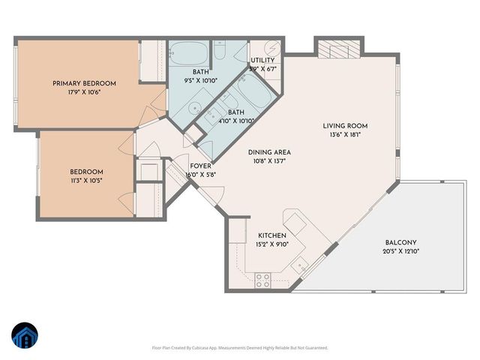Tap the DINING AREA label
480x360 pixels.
click(269, 152)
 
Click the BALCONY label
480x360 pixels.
click(401, 242)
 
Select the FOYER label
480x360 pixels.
click(200, 166)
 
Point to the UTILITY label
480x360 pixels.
click(262, 60)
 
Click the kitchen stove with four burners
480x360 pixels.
click(263, 280)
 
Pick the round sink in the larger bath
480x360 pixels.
click(194, 107)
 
